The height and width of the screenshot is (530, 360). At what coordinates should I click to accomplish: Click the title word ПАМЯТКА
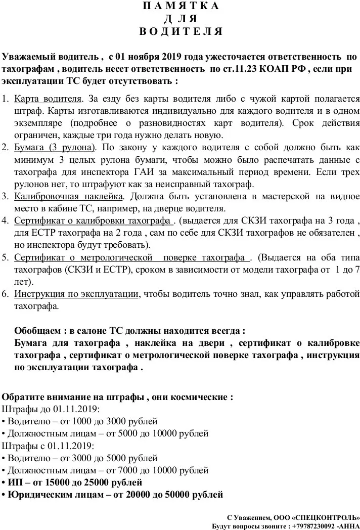tap(181, 7)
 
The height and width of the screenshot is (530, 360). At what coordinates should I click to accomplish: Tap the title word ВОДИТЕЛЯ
tap(181, 31)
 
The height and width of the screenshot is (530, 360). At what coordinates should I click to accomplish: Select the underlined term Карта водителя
tap(48, 98)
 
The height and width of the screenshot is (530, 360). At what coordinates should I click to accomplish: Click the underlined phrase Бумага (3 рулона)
tap(55, 148)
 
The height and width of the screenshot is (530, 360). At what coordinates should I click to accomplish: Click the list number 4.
tap(6, 222)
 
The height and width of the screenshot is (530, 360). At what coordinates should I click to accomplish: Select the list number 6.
tap(6, 294)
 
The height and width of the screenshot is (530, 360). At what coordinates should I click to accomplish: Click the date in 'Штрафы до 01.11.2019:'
tap(75, 409)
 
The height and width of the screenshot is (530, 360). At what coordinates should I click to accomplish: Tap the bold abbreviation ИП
tap(15, 482)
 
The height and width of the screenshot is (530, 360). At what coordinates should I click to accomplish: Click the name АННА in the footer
tap(349, 525)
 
